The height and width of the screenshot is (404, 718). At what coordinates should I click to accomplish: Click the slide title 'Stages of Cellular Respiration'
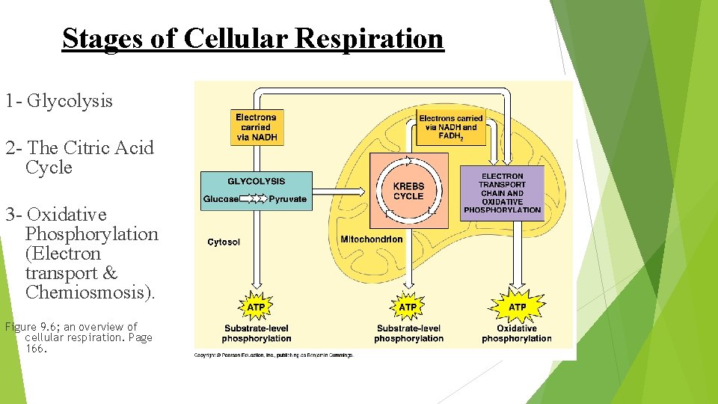pos(253,38)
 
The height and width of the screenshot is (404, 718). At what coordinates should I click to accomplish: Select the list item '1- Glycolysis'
pos(59,100)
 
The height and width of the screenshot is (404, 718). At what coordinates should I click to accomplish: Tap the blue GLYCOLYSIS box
pos(256,190)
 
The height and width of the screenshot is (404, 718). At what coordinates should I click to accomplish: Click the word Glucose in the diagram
pos(221,200)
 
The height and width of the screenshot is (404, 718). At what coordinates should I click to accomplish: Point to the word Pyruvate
pos(288,200)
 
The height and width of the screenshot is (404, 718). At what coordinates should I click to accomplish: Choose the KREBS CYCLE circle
pos(408,191)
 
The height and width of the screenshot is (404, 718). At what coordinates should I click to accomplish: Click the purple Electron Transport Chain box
pos(502,193)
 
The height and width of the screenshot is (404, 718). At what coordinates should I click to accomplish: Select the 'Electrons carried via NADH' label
pos(256,127)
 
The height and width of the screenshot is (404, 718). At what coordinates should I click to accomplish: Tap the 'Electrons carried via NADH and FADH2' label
pos(451,127)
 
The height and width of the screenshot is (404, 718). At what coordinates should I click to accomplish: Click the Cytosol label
pos(224,242)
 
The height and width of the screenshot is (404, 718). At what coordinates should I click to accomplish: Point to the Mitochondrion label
pos(371,239)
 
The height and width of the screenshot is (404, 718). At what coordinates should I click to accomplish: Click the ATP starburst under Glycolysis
pos(256,307)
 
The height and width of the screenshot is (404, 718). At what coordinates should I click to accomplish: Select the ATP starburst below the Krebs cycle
pos(408,307)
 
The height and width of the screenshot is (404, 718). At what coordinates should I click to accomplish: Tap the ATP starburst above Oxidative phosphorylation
pos(517,307)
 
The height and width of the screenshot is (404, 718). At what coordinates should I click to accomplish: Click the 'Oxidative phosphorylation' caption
pos(517,334)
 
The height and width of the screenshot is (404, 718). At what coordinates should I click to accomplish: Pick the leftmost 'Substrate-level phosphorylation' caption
pos(256,334)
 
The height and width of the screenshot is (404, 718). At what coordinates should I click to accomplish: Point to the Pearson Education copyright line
pos(273,355)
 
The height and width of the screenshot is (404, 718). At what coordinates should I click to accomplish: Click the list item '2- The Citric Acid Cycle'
pos(79,157)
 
